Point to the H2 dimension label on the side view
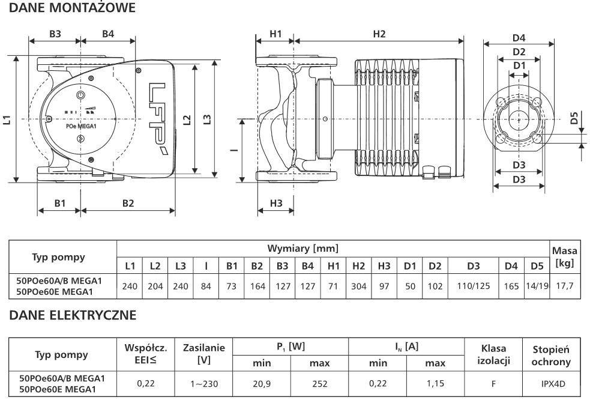click(379, 34)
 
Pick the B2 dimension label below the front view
click(128, 203)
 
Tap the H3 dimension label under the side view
click(275, 203)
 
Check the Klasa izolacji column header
click(493, 354)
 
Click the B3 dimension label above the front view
click(55, 34)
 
